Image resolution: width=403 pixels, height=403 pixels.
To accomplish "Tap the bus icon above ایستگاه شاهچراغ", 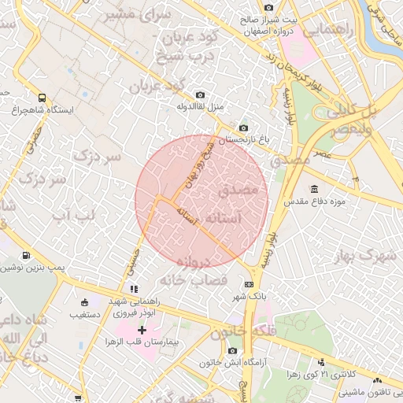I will (42, 98).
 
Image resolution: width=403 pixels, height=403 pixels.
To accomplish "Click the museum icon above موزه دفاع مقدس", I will (314, 189).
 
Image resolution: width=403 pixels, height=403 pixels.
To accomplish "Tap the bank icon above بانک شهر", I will (250, 284).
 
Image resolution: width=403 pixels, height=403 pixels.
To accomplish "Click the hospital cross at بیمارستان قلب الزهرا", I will (142, 329).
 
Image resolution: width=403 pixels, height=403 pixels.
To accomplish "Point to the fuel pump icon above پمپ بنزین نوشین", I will (28, 255).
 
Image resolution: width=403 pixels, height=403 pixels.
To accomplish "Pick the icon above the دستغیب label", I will (85, 302).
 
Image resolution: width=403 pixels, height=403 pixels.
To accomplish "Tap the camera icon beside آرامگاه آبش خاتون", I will (231, 350).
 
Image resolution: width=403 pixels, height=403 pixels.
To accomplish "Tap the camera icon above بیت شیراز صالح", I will (270, 7).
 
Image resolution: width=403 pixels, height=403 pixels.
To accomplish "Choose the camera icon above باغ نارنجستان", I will (243, 128).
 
